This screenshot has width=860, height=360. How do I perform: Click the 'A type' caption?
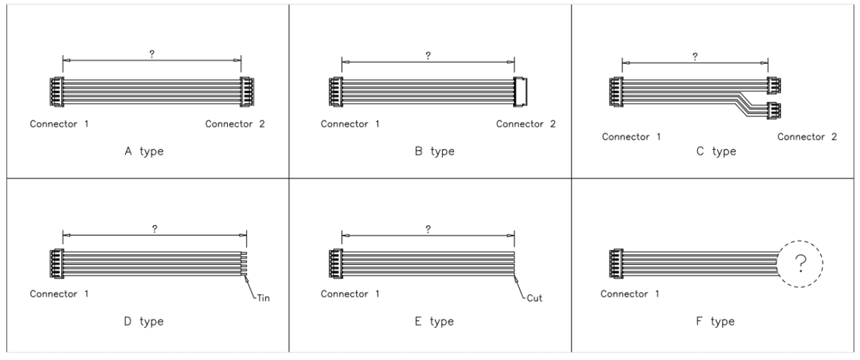tap(140, 151)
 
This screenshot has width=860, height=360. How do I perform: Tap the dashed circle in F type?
tap(800, 261)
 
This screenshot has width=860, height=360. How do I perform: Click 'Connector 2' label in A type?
tap(235, 124)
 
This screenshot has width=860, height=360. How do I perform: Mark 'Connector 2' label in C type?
tap(807, 137)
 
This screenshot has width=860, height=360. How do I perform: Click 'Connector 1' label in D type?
tap(60, 295)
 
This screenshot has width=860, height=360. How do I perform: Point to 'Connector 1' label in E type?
tap(350, 295)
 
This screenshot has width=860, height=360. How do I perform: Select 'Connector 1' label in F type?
tap(630, 295)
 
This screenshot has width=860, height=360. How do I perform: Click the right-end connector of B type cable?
tap(521, 91)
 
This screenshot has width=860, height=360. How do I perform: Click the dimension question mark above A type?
tap(151, 54)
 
